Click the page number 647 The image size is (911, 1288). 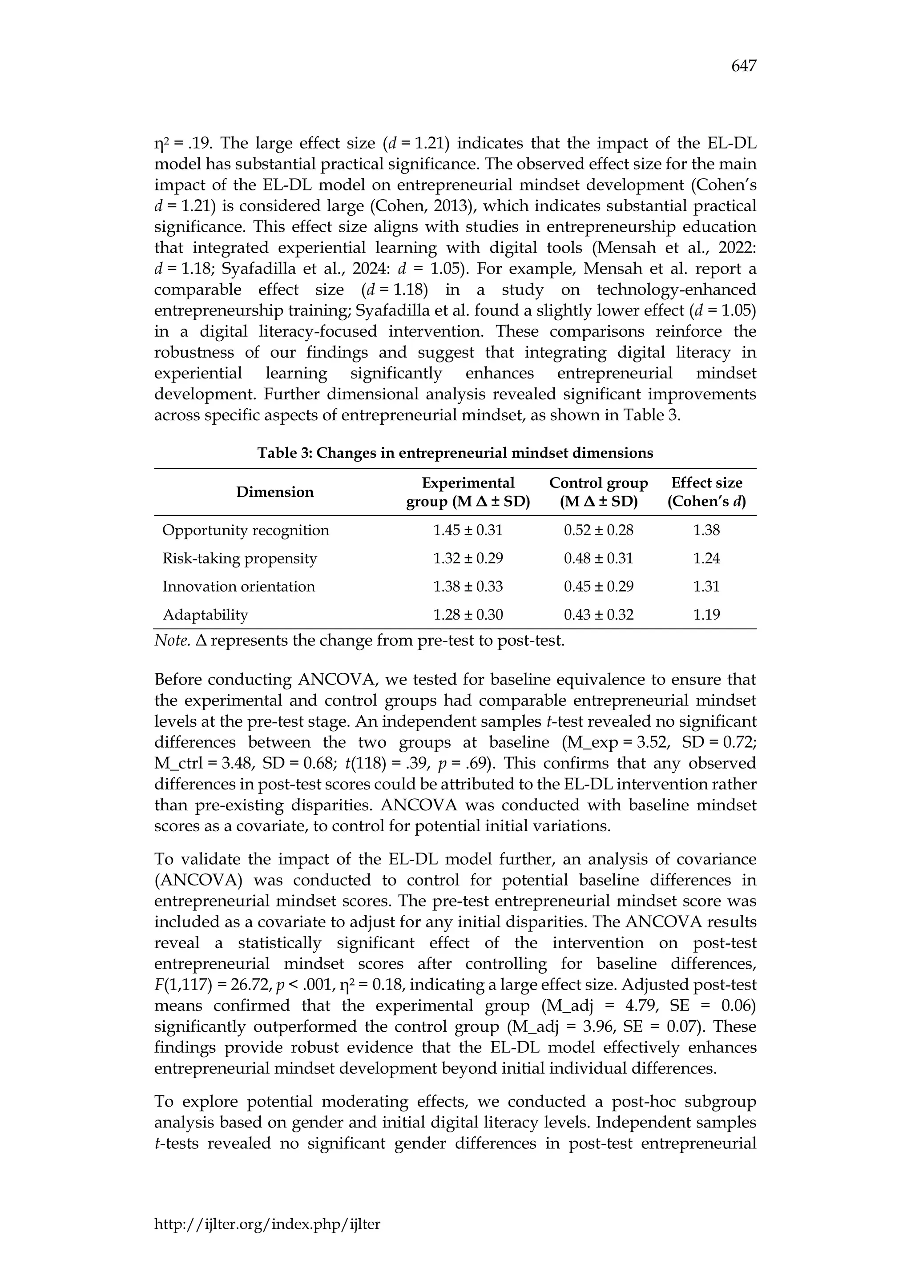coord(744,67)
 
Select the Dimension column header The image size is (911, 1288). coord(275,492)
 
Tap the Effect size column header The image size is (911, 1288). coord(706,492)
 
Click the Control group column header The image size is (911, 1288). coord(599,492)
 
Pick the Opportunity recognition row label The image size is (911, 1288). coord(246,530)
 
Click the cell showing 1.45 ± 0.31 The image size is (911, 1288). coord(468,530)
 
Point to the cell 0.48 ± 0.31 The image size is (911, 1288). coord(599,558)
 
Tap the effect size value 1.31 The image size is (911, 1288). coord(706,586)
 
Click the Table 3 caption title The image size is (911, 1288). coord(455,453)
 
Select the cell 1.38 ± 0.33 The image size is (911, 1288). coord(468,586)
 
